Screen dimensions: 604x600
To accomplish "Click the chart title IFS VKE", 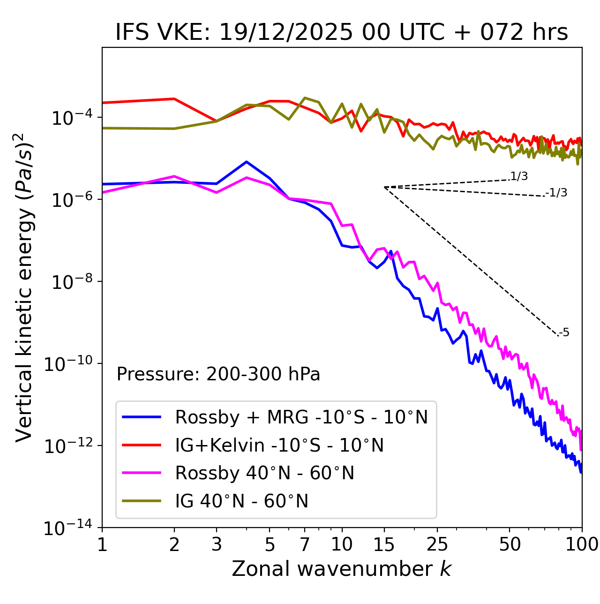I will (x=342, y=33).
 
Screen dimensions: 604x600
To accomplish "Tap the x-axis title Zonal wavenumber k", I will (x=341, y=569).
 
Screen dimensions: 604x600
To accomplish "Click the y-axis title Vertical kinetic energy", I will (x=24, y=287).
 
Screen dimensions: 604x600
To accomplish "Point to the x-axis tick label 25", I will (x=437, y=544).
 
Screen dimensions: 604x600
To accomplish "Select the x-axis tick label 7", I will (x=305, y=544).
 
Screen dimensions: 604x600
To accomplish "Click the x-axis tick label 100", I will (x=582, y=544).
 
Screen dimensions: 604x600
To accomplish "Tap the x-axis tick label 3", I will (x=216, y=544).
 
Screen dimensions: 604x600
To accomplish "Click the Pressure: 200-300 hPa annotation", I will (x=218, y=375).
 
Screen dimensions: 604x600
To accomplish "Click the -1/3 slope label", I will (x=557, y=193).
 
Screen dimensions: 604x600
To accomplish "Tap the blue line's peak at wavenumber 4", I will (x=247, y=162).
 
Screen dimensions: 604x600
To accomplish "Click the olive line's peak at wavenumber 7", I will (x=305, y=98).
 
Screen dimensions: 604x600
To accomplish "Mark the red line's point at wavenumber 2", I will (x=174, y=99).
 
